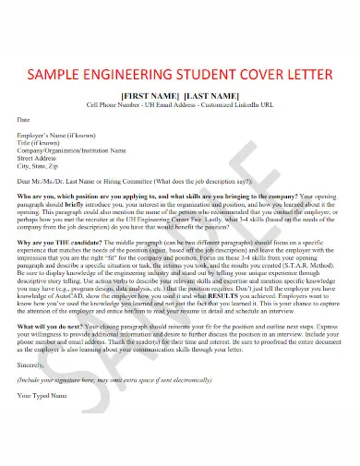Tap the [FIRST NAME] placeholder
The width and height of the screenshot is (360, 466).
coord(150,96)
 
